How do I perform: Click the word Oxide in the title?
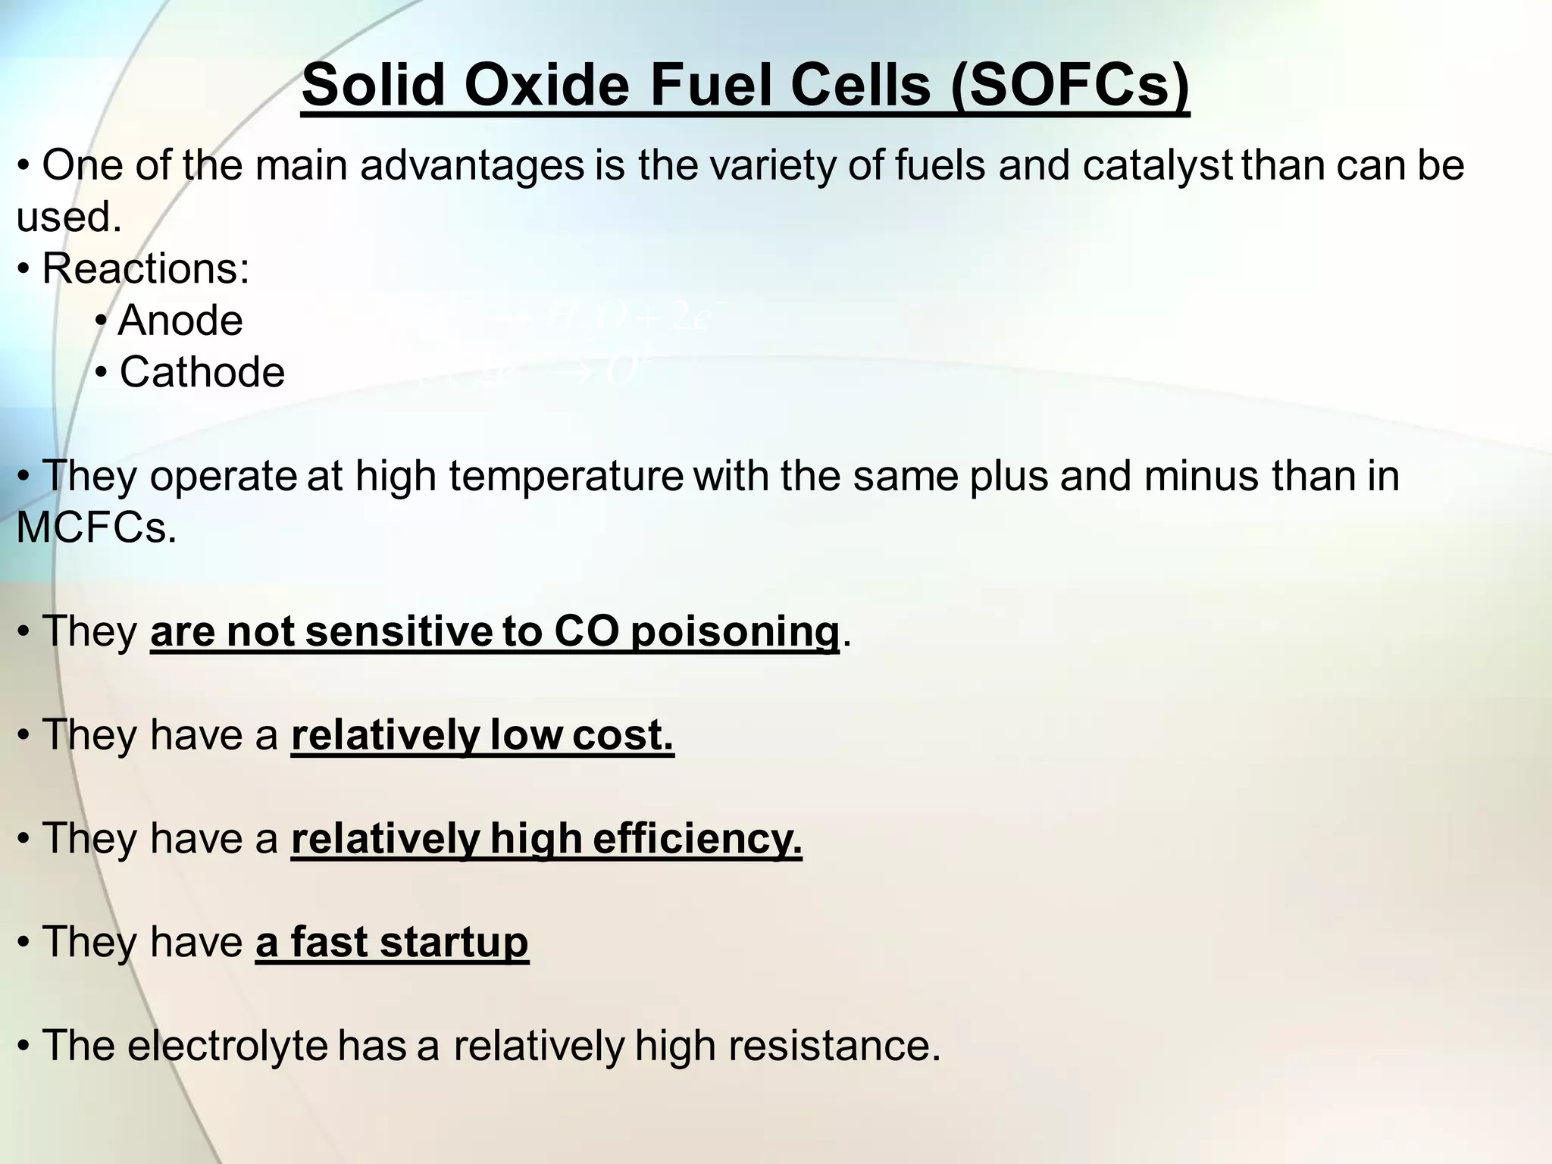tap(546, 85)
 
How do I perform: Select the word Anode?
tap(180, 320)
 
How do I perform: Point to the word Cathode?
tap(202, 372)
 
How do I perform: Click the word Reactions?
tap(145, 268)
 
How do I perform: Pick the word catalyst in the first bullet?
tap(1158, 166)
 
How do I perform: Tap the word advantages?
tap(472, 166)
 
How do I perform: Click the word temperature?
tap(566, 476)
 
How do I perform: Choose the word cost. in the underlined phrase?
tap(623, 734)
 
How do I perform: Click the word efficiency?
tap(697, 838)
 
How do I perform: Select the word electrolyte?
tap(227, 1046)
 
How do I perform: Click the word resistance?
tap(834, 1046)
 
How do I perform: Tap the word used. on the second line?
tap(69, 217)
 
